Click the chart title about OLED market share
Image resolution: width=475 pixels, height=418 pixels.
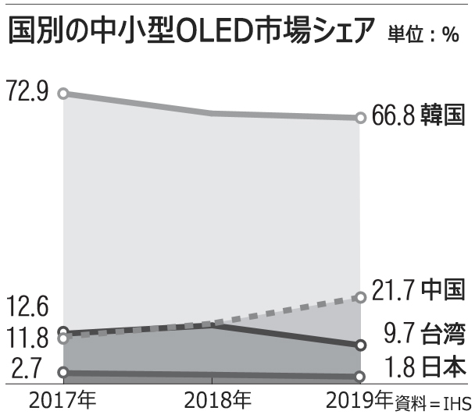[192, 30]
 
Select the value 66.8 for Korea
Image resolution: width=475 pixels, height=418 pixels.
[390, 117]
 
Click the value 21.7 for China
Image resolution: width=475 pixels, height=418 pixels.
[390, 289]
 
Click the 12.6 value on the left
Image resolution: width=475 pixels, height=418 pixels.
[27, 305]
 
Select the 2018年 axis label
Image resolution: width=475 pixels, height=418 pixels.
[218, 401]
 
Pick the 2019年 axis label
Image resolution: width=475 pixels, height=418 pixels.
[359, 401]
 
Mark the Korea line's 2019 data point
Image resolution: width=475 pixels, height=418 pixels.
[360, 118]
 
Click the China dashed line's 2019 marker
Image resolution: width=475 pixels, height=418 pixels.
[360, 297]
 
